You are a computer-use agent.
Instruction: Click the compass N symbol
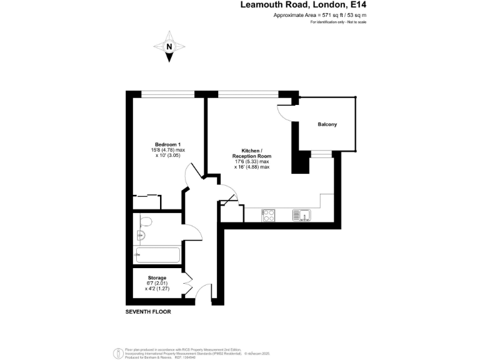pos(169,46)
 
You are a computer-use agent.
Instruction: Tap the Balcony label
pos(327,125)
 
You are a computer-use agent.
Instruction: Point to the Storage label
pos(157,277)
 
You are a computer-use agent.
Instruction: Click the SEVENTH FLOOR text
pos(148,311)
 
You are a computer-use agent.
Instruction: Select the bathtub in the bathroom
pos(157,255)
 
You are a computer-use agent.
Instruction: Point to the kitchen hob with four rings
pos(269,215)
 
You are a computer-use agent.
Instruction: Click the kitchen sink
pos(301,215)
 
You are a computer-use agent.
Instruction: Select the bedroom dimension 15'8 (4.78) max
pos(168,149)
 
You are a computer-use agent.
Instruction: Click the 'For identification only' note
pos(338,22)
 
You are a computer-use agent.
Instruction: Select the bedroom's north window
pos(167,94)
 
